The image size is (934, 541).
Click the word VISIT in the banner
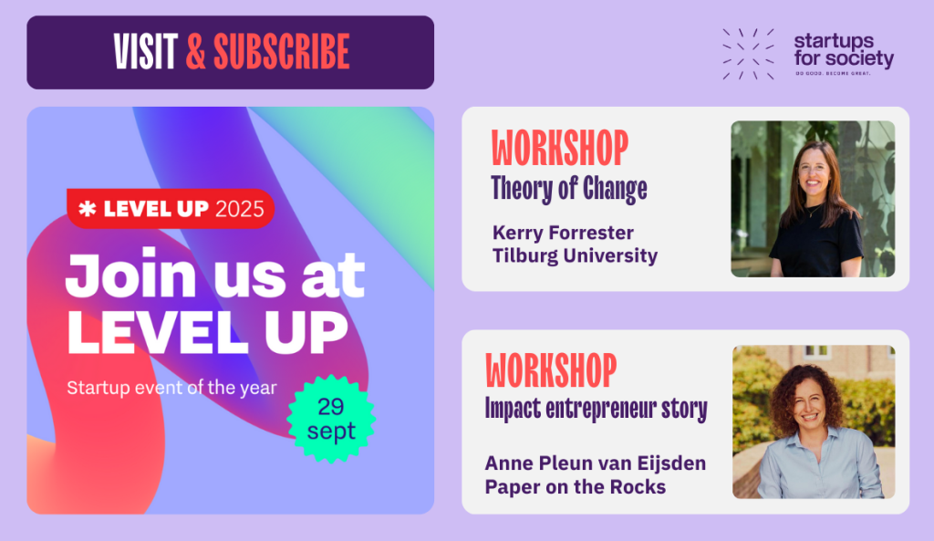click(x=145, y=52)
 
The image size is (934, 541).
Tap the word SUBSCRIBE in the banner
click(x=282, y=52)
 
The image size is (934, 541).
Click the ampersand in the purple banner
click(x=195, y=52)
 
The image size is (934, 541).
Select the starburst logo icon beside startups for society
click(x=748, y=54)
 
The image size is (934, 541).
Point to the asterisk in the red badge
click(x=88, y=209)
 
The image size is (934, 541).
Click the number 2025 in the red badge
click(x=240, y=209)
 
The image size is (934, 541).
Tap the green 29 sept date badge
click(x=331, y=419)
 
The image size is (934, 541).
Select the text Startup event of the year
click(x=171, y=388)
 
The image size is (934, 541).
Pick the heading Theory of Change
click(x=569, y=189)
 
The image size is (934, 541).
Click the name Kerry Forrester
click(x=563, y=233)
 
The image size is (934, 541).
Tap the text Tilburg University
click(x=575, y=255)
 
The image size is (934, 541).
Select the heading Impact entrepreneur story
click(x=597, y=410)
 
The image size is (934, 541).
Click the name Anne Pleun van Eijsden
click(x=595, y=463)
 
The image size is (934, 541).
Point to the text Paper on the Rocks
click(x=575, y=487)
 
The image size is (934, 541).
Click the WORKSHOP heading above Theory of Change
click(x=560, y=148)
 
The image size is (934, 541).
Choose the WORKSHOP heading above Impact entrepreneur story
click(x=551, y=370)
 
